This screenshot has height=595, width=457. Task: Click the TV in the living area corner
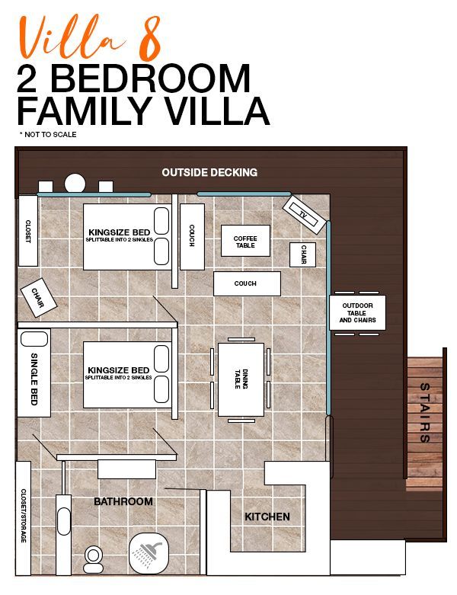click(304, 215)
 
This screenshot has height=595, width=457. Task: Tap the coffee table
click(245, 241)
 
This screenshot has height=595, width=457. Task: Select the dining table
click(241, 379)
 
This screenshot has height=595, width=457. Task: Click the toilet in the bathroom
click(93, 559)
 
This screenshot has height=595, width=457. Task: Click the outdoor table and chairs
click(357, 313)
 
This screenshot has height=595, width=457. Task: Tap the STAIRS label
click(425, 413)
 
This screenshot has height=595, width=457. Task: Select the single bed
click(34, 373)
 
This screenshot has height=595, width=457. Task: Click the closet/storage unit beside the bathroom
click(23, 518)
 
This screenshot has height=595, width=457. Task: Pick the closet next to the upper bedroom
click(28, 231)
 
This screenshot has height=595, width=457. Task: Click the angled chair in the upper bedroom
click(38, 297)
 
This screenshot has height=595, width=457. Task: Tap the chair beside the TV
click(302, 254)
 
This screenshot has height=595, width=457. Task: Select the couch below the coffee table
click(247, 283)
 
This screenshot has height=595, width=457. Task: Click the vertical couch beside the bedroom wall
click(192, 237)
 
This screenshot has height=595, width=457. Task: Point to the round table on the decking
click(75, 184)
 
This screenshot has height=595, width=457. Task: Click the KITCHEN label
click(267, 517)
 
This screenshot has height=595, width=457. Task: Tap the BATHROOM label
click(123, 501)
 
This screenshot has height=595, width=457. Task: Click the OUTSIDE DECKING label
click(209, 173)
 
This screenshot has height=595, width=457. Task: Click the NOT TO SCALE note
click(48, 135)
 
